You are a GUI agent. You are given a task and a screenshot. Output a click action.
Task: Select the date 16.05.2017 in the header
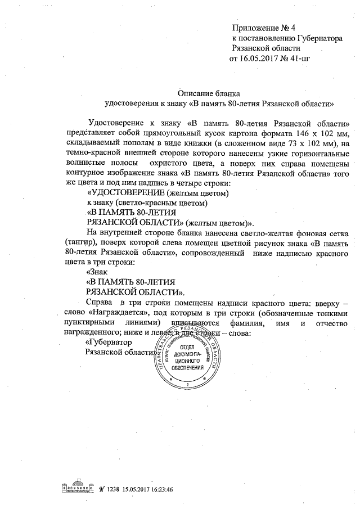point(261,58)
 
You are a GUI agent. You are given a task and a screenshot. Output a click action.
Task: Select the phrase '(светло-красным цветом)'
point(166,203)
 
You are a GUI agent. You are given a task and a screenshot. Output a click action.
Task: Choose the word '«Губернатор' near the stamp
point(107,343)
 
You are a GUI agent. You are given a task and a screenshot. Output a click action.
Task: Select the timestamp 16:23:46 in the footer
point(159,489)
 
